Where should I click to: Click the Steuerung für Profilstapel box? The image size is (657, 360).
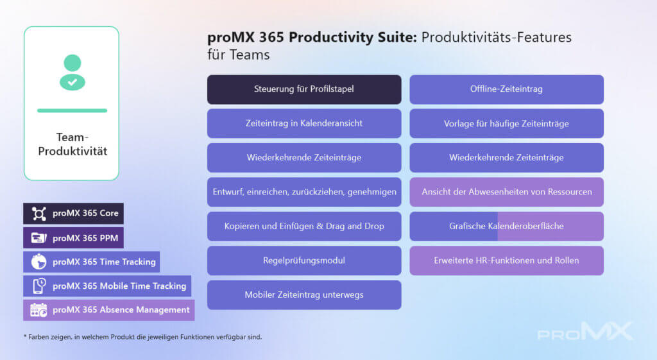click(304, 89)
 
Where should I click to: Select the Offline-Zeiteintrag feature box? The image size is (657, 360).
click(507, 89)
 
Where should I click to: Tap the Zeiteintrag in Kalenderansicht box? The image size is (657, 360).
click(304, 124)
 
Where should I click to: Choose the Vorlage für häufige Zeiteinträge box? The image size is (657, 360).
click(507, 124)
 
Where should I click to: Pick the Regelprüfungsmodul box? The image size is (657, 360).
click(304, 261)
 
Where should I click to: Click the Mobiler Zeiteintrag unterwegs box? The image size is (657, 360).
click(304, 295)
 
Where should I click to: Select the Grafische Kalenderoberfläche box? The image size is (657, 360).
click(507, 227)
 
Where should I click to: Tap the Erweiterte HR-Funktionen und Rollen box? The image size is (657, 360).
click(507, 261)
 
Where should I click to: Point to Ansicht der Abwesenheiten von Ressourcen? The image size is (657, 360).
click(507, 192)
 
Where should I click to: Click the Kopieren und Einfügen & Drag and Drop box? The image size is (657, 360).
click(304, 227)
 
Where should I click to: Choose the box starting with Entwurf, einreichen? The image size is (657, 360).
click(304, 192)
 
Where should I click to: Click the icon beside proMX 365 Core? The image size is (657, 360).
click(39, 214)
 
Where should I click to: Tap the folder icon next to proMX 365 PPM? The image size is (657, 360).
click(39, 238)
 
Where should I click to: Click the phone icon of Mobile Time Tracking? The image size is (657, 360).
click(39, 286)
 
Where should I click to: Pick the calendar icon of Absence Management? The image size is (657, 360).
click(38, 310)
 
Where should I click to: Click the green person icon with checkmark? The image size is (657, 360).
click(73, 73)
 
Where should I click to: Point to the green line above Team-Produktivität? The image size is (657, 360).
click(72, 110)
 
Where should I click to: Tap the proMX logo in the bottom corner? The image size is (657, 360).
click(585, 331)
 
